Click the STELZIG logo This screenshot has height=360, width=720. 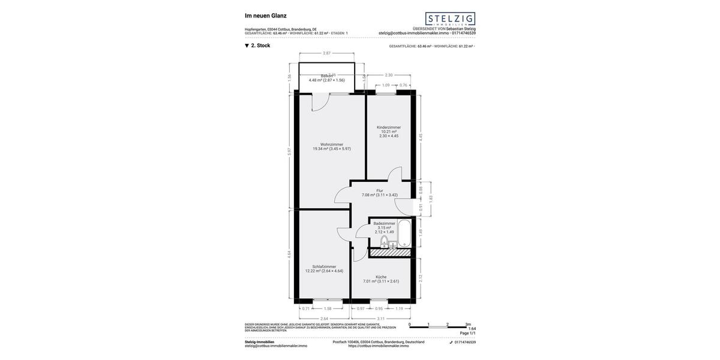[450, 19]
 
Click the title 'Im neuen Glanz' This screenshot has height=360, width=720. [266, 16]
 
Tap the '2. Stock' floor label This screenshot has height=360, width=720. [260, 46]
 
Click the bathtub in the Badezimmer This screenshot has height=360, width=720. [404, 233]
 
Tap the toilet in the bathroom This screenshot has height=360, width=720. [384, 241]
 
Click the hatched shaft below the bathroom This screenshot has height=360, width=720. [390, 253]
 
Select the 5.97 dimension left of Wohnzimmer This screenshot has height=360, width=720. [289, 152]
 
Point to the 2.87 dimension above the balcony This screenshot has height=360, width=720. [327, 53]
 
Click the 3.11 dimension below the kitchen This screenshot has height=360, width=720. [381, 319]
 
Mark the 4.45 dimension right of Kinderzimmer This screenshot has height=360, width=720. [421, 137]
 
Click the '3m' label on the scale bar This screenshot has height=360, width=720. [468, 325]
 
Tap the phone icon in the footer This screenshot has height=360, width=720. [451, 342]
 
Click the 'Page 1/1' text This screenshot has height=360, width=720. [467, 333]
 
